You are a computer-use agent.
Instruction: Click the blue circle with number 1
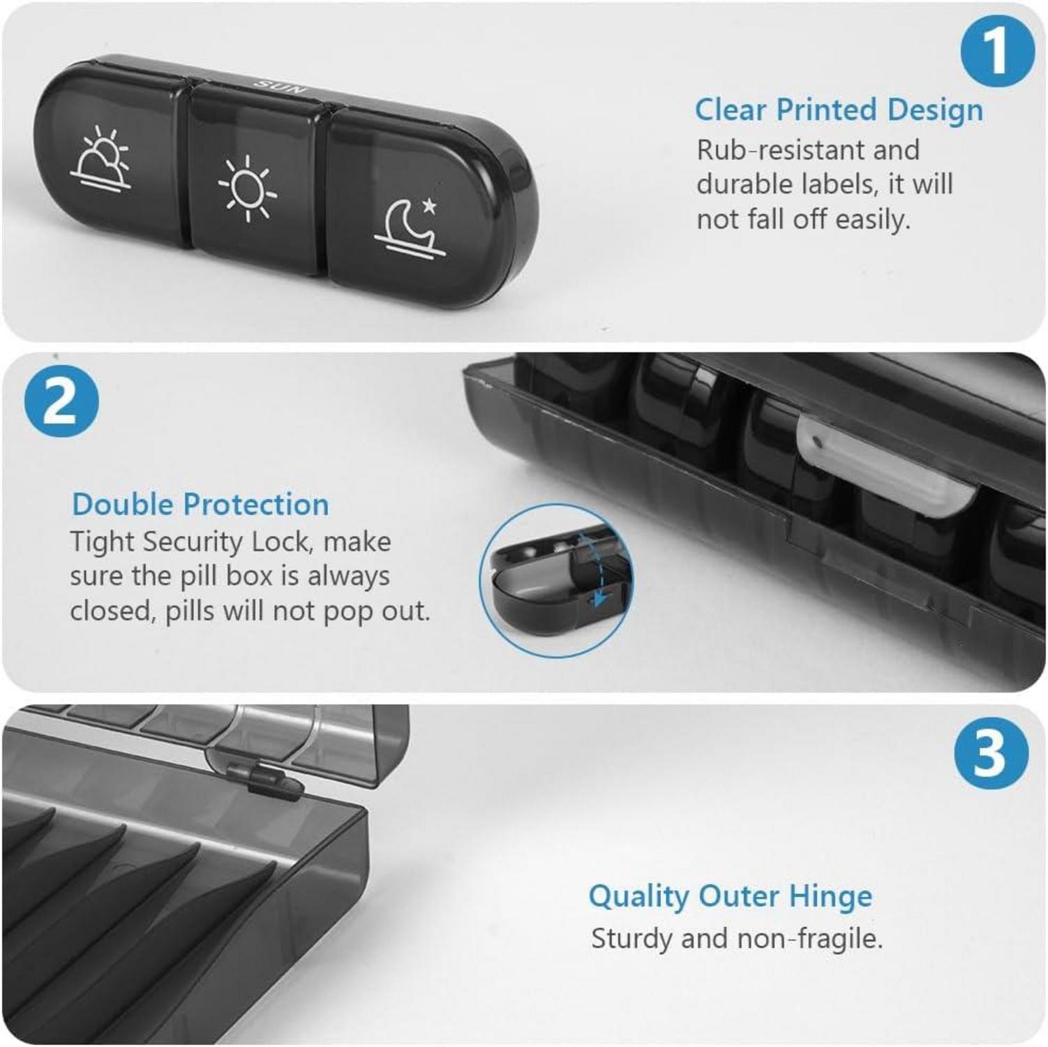pyautogui.click(x=997, y=50)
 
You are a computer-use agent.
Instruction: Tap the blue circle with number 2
pyautogui.click(x=61, y=402)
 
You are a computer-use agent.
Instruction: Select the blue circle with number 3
pyautogui.click(x=991, y=754)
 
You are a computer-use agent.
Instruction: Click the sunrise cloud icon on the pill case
pyautogui.click(x=100, y=158)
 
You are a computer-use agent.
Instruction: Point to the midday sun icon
pyautogui.click(x=247, y=188)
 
